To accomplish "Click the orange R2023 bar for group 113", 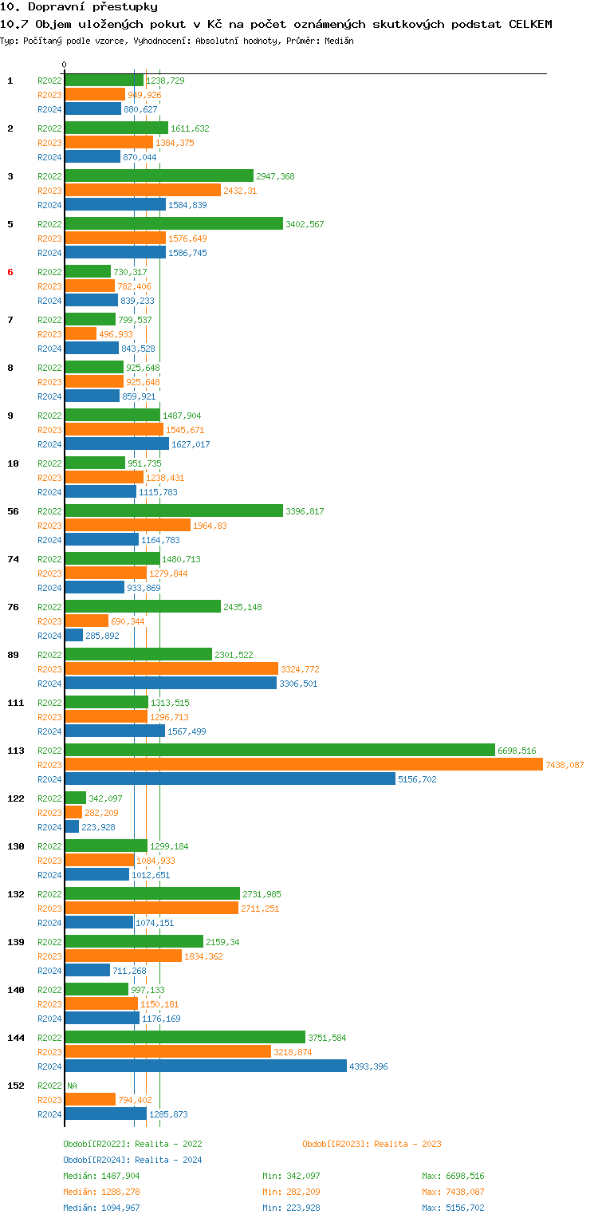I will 303,765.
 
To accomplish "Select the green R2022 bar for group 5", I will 174,224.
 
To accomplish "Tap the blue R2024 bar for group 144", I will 206,1066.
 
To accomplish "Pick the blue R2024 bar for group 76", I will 74,636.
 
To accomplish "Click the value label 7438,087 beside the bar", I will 565,765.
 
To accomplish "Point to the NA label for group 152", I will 73,1086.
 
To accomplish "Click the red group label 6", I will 10,272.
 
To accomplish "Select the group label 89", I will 14,655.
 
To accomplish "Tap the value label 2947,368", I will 275,176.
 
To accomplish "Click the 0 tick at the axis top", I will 65,65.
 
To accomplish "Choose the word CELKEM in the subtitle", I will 530,24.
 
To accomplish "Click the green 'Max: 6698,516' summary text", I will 453,1176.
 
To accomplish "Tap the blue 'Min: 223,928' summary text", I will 291,1208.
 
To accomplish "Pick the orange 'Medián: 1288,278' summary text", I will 101,1192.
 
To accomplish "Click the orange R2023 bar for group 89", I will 171,669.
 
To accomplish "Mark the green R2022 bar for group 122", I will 76,798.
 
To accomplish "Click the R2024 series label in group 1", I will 49,109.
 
